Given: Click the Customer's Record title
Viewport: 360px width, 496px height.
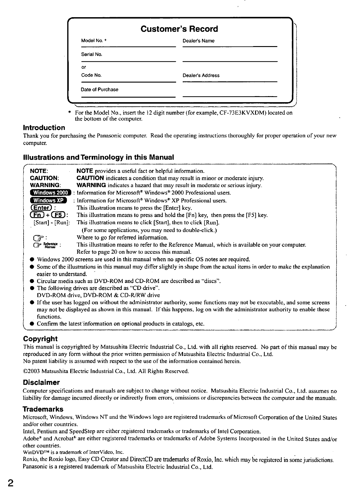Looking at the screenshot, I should (179, 29).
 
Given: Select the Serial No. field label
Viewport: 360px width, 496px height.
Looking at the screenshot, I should (92, 55).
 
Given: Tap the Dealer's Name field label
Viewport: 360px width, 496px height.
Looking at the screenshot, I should (198, 41).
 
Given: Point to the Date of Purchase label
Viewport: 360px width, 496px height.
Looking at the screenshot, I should (99, 89).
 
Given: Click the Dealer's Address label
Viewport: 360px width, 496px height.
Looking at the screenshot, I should (201, 75).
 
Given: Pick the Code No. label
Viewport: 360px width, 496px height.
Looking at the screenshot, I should (91, 75).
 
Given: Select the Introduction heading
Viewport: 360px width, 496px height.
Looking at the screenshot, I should (44, 128).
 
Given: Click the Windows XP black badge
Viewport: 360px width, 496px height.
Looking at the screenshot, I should (48, 200).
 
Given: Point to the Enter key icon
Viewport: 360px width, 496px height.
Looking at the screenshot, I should (41, 208).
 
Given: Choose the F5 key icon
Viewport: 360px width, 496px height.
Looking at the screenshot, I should (58, 215).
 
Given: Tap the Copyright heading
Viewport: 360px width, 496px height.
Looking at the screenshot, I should (40, 339).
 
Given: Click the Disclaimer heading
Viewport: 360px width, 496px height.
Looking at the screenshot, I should (41, 383).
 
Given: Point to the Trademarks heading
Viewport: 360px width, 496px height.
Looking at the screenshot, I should (43, 409).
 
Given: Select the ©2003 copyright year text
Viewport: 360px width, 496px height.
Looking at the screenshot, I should (32, 371).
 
